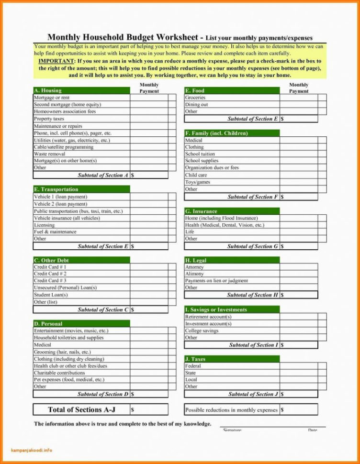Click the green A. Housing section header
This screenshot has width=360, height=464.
click(81, 90)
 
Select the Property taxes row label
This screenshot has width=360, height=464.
click(49, 119)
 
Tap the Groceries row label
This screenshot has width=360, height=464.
click(195, 98)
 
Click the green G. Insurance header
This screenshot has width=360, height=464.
click(232, 211)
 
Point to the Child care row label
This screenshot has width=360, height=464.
click(196, 175)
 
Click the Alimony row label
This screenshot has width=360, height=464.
click(195, 274)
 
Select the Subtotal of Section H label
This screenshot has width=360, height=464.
click(252, 295)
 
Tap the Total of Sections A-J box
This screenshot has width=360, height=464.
click(81, 409)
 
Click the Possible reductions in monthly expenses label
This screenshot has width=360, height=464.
click(231, 410)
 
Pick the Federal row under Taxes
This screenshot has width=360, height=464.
click(193, 366)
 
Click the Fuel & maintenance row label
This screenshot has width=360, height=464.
click(55, 232)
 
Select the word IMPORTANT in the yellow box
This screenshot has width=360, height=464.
click(56, 62)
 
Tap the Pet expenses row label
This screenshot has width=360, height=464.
click(69, 380)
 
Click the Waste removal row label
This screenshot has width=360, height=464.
click(50, 154)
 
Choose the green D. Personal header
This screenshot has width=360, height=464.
click(81, 324)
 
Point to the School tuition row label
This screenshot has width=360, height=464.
click(200, 154)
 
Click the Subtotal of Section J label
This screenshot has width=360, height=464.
click(253, 394)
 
